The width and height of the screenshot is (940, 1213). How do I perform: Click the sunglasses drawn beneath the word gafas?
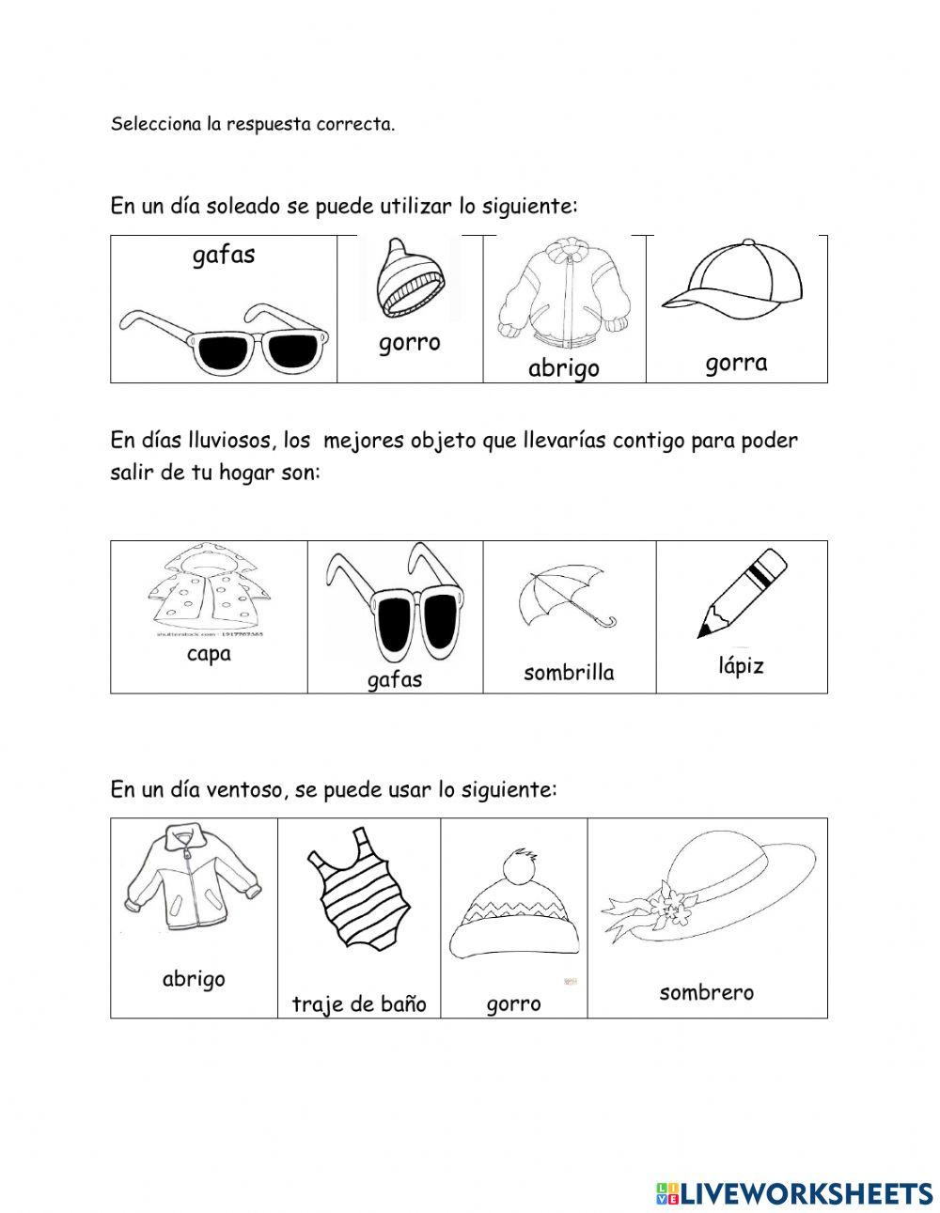tap(224, 339)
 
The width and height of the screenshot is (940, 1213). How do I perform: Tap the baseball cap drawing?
tap(734, 280)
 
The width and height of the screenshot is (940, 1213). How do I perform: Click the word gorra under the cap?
tap(736, 363)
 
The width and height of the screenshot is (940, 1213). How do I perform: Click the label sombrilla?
tap(569, 672)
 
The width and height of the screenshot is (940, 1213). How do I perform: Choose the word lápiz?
tap(741, 666)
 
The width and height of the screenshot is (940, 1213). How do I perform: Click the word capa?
tap(209, 654)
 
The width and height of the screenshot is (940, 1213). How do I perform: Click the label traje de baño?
tap(358, 1003)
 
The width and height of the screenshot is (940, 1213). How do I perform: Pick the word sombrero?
tap(706, 992)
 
